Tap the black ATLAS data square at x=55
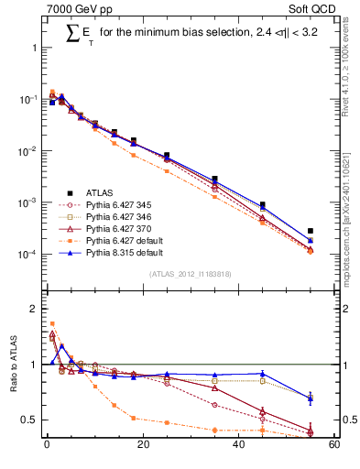click(x=311, y=231)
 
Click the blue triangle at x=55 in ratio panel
click(x=311, y=398)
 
